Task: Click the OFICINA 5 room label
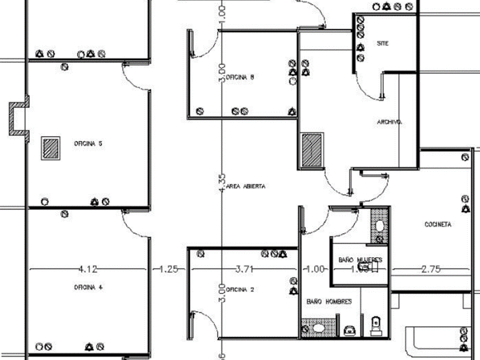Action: [88, 144]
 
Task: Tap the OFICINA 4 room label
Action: [88, 287]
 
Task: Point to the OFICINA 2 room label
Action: [241, 290]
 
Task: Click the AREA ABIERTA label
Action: [246, 187]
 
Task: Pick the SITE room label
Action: [382, 43]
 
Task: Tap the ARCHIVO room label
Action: [390, 122]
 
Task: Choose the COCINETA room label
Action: [438, 225]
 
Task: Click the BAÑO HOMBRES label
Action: [329, 301]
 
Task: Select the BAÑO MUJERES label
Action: [359, 260]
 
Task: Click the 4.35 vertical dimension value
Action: [222, 183]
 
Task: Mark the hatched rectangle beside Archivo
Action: [313, 150]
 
